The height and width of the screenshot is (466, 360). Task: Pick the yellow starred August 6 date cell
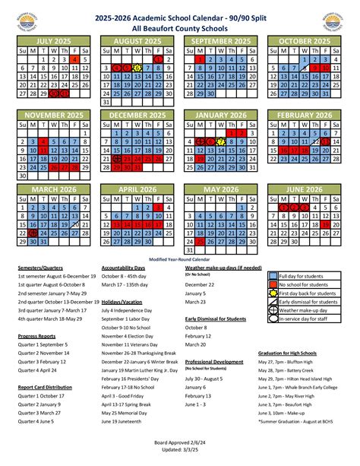[137, 68]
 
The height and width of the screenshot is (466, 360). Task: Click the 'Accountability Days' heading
[123, 268]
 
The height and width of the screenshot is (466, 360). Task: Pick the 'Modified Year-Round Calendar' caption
[180, 259]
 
